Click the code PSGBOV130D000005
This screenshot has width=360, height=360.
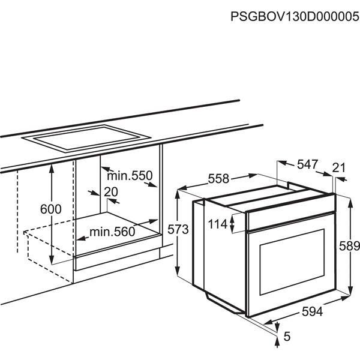295,17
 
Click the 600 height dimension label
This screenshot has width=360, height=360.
51,209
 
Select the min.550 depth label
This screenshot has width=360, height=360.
130,176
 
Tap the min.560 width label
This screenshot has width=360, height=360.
112,232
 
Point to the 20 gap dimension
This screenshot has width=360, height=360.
111,192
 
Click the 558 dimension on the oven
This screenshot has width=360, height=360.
218,179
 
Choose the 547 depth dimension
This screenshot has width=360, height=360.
308,164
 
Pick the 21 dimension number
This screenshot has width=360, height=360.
339,167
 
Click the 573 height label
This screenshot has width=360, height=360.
178,229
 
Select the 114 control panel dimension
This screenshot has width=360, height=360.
218,224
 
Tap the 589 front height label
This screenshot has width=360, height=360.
349,246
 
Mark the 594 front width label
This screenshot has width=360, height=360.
312,311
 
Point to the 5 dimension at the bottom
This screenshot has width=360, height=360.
287,337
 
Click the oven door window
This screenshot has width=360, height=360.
292,262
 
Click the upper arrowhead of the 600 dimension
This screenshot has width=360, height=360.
52,169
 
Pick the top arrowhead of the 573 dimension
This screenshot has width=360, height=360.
178,194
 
